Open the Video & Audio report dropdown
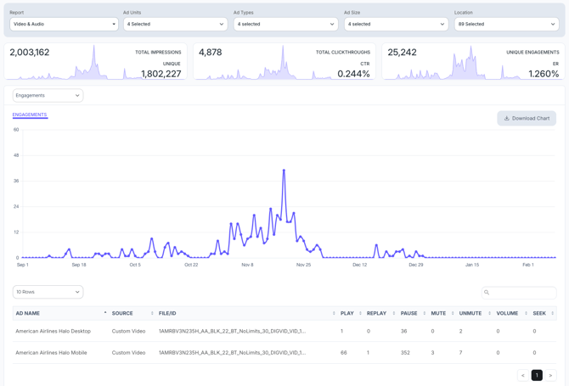click(64, 24)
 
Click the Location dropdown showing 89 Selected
click(506, 24)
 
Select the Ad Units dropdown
click(175, 24)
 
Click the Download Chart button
click(527, 118)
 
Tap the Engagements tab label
click(30, 115)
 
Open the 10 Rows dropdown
click(48, 292)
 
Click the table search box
click(519, 292)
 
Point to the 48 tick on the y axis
click(16, 155)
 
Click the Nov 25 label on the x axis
click(303, 265)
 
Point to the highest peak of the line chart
click(284, 170)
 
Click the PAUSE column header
click(409, 313)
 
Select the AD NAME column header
click(28, 313)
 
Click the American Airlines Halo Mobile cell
click(51, 352)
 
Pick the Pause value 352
click(405, 352)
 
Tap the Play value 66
click(344, 352)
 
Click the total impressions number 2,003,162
click(30, 53)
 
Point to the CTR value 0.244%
click(353, 74)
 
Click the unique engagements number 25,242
click(403, 53)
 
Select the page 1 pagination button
click(537, 375)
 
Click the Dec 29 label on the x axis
click(415, 265)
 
